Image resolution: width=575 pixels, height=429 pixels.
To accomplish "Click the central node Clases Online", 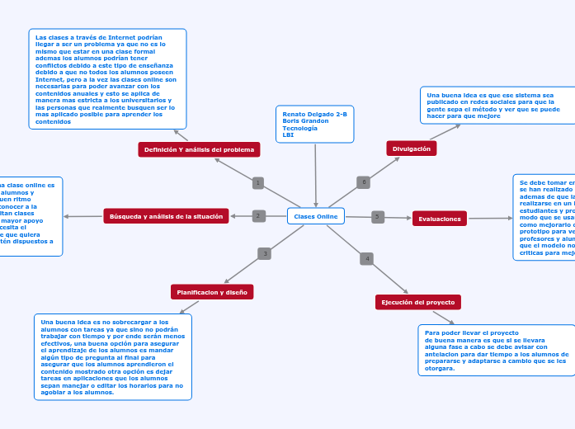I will (316, 216).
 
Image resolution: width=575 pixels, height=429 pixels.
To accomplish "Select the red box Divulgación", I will (412, 148).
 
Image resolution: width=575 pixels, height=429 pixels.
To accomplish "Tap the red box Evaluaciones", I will (439, 219).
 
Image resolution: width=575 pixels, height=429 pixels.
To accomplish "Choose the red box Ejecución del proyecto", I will (417, 303).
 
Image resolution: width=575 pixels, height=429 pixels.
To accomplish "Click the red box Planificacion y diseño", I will (212, 292).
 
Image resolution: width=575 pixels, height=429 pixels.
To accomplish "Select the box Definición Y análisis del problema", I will (199, 149).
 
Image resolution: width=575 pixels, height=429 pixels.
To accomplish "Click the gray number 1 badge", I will (258, 183).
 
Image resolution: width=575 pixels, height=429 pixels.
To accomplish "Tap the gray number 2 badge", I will (258, 216).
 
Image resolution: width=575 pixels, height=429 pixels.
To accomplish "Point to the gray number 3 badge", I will (264, 253).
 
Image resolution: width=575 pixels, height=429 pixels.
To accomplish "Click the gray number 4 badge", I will (366, 259).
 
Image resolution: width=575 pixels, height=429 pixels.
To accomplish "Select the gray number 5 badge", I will (378, 217).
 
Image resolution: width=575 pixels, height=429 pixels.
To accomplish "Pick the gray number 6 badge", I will (364, 181).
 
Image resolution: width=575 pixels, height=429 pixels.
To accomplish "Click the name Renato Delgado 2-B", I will (314, 114).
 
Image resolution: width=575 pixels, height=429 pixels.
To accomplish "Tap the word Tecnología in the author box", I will (299, 128).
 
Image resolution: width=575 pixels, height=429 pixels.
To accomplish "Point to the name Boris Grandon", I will (305, 120).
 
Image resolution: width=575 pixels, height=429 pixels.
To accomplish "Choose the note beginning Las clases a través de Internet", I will (107, 79).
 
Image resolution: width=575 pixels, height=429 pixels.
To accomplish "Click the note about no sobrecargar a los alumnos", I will (113, 356).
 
